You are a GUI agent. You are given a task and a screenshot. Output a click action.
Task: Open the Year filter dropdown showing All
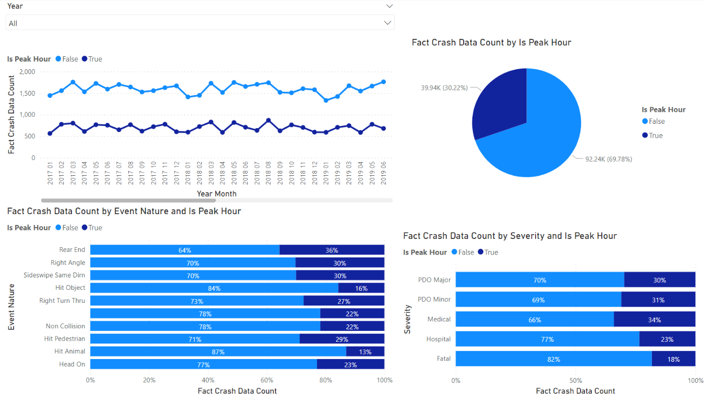click(x=199, y=23)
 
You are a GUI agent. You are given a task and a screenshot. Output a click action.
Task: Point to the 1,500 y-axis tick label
click(x=27, y=93)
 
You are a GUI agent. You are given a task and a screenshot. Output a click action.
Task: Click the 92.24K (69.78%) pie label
click(x=608, y=159)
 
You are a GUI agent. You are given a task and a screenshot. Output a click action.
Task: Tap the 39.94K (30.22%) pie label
click(x=444, y=88)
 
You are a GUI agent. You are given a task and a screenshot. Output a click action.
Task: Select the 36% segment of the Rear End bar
click(x=332, y=250)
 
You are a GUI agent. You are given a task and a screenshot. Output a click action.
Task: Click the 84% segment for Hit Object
click(x=214, y=288)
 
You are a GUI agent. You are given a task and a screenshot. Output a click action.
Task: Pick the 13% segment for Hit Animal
click(x=365, y=352)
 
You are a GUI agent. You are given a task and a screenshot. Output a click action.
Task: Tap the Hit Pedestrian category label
click(x=64, y=339)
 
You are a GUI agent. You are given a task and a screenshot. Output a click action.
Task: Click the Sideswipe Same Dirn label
click(x=54, y=275)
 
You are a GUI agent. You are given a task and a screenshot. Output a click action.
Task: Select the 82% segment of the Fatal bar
click(x=553, y=359)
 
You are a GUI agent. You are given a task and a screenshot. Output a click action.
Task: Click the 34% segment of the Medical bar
click(x=654, y=320)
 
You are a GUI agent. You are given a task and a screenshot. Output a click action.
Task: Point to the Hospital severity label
click(x=438, y=339)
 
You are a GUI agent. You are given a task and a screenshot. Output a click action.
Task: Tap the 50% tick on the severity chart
click(x=576, y=380)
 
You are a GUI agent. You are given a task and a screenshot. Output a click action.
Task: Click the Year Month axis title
click(x=216, y=194)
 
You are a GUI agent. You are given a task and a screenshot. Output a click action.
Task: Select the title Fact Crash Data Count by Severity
click(x=510, y=236)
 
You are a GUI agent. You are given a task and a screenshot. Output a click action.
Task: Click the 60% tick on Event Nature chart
click(x=267, y=380)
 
